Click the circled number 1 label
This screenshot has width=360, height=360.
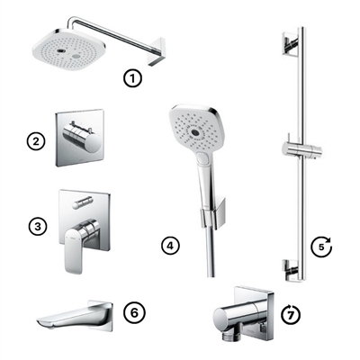pyautogui.click(x=133, y=78)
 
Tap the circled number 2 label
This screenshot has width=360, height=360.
pyautogui.click(x=37, y=141)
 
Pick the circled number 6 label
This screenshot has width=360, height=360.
pyautogui.click(x=132, y=312)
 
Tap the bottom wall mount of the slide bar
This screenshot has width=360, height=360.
pyautogui.click(x=288, y=266)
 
